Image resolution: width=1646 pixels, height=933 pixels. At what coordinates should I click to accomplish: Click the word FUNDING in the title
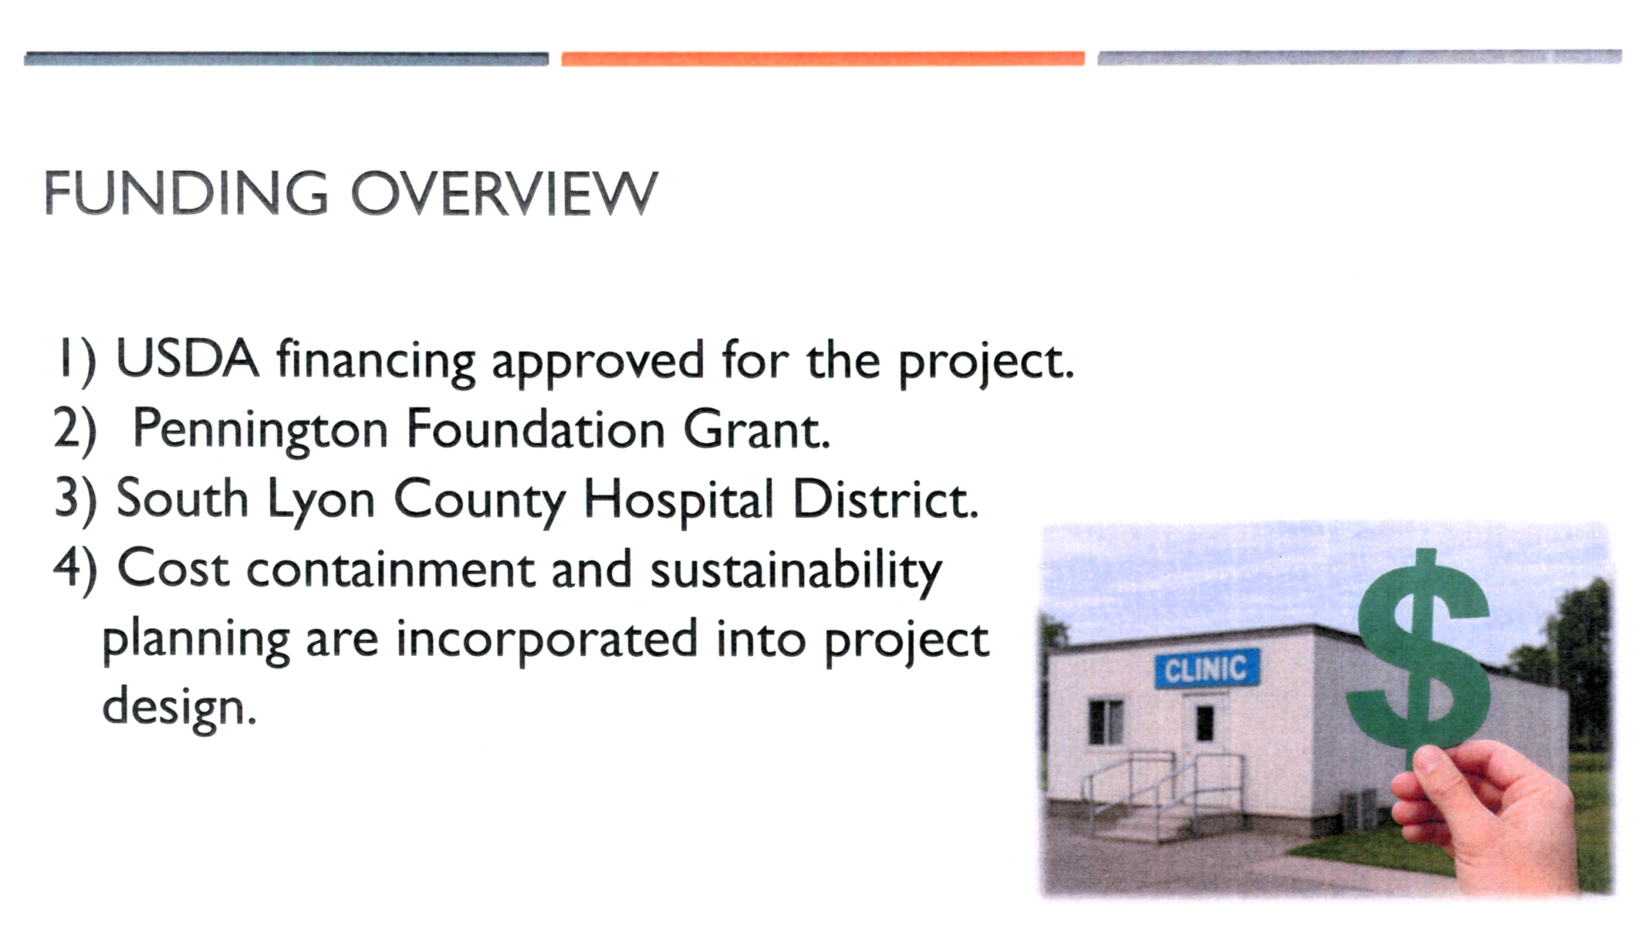(186, 193)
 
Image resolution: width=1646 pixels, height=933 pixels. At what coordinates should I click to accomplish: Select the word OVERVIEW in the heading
(504, 193)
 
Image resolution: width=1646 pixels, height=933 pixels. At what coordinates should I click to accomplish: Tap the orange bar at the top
(823, 59)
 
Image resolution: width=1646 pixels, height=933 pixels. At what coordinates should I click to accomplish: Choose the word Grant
(757, 429)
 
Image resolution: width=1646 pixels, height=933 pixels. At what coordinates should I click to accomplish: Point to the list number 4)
(75, 569)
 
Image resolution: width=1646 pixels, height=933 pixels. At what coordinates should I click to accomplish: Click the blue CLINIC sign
(1207, 669)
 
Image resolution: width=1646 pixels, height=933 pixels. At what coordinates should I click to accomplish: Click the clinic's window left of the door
(1107, 722)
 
